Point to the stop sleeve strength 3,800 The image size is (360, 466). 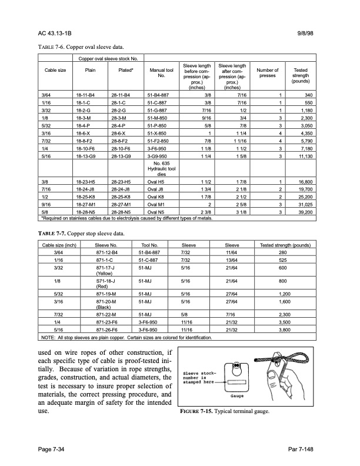point(285,331)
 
